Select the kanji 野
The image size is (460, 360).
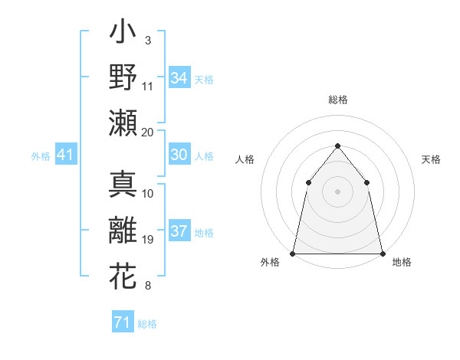pos(123,78)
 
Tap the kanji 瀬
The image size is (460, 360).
pos(123,123)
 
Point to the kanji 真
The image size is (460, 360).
pos(123,185)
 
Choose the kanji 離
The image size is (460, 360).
pos(123,231)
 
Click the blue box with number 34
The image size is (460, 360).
pos(179,78)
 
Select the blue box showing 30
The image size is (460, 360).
pos(179,155)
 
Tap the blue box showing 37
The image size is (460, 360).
pos(179,231)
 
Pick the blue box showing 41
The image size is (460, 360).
pos(65,155)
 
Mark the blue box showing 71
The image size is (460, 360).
pos(122,322)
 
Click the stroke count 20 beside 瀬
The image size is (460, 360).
pos(148,132)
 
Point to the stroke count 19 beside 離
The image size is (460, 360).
pos(148,240)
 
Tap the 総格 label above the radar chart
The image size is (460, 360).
pos(337,100)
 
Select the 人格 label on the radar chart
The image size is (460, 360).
pos(245,159)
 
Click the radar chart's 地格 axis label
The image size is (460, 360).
pos(402,262)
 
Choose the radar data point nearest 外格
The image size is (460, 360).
pos(293,253)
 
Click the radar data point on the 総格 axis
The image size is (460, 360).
pos(337,146)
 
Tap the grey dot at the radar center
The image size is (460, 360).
pos(337,191)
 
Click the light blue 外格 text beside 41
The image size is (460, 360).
pos(41,156)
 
